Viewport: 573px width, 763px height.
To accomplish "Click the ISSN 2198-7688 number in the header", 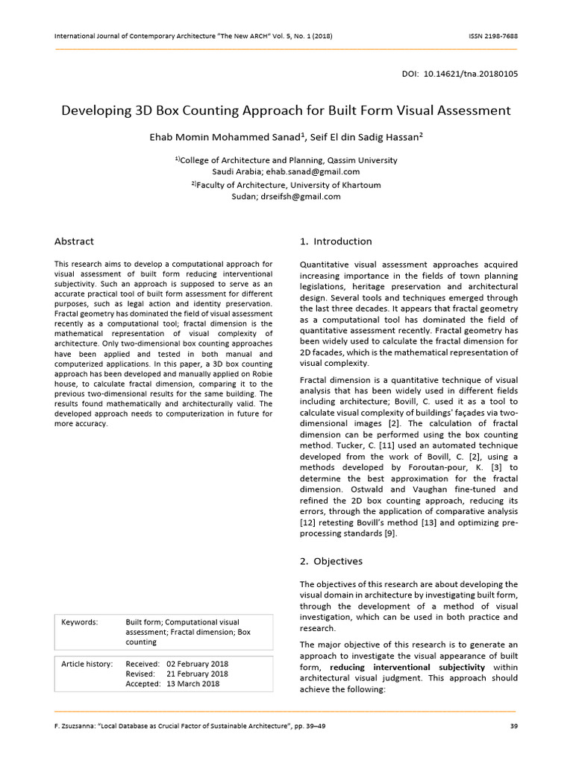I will (x=489, y=37).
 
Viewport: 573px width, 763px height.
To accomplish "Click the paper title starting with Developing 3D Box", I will (x=286, y=110).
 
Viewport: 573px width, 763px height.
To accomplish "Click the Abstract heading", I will (x=74, y=241).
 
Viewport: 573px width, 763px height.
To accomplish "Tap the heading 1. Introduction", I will (x=335, y=241).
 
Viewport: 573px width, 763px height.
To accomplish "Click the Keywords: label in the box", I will (x=80, y=622).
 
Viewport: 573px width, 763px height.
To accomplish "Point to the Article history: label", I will (x=87, y=664).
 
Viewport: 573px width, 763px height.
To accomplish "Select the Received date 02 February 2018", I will (x=198, y=664).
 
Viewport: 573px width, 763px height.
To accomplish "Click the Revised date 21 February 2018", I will (x=198, y=674).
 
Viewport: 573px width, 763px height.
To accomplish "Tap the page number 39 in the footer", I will (x=513, y=726).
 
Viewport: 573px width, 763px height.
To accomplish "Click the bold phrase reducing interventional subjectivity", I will (x=407, y=667).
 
